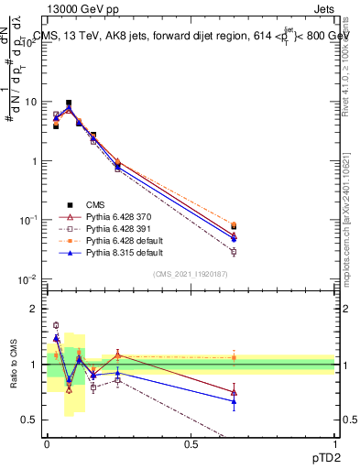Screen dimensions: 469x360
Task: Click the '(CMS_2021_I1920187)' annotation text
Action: click(x=190, y=273)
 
